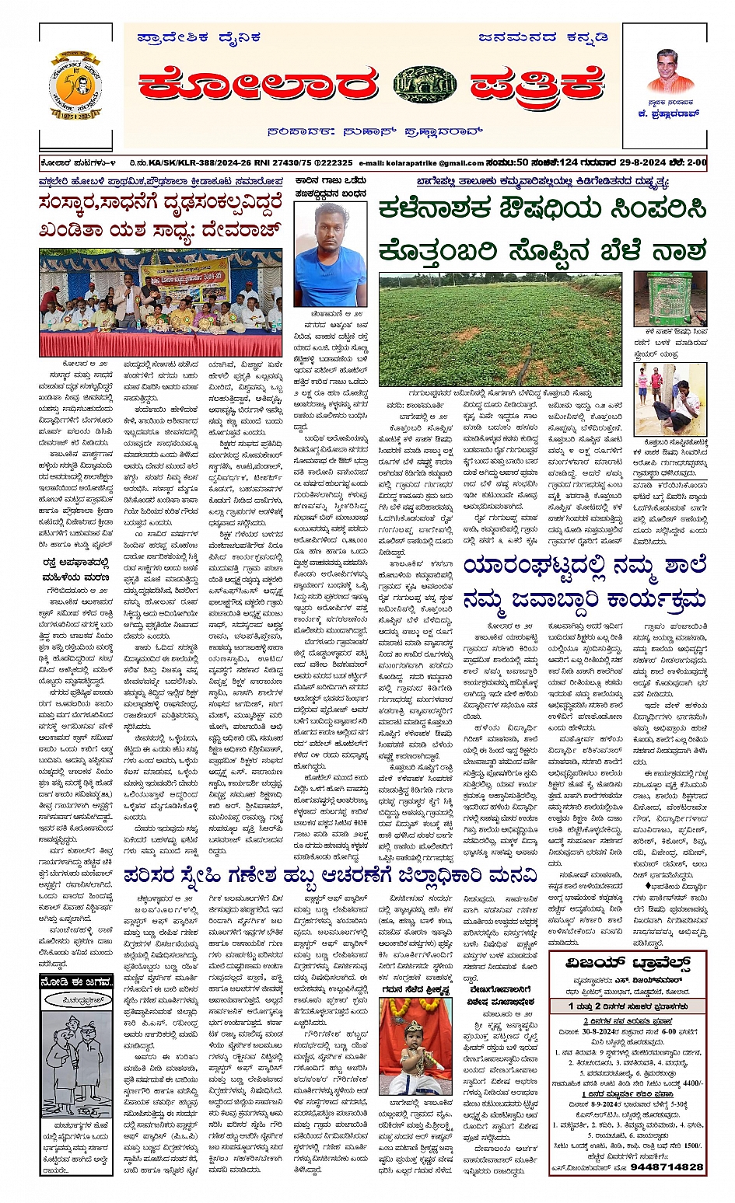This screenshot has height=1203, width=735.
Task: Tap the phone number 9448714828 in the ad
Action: pyautogui.click(x=667, y=1166)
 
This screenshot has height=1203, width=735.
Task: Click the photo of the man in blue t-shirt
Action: pyautogui.click(x=331, y=254)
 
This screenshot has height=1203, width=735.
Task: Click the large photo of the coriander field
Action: pyautogui.click(x=501, y=329)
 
